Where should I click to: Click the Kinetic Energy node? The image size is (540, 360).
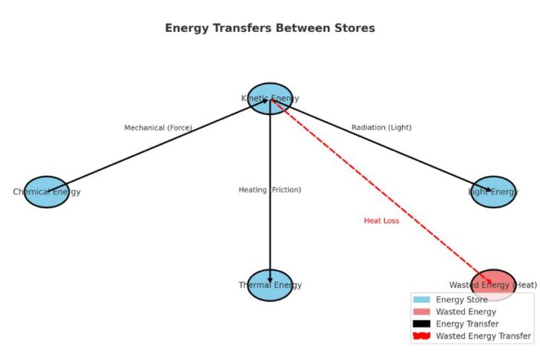270,98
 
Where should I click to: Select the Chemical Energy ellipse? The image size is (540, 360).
47,192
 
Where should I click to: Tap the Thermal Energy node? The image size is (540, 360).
270,285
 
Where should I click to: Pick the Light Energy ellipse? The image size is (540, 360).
493,192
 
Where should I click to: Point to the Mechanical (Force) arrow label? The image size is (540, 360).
158,128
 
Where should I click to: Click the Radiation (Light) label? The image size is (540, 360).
381,128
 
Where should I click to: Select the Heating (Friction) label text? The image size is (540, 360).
270,190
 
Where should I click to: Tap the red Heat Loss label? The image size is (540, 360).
381,220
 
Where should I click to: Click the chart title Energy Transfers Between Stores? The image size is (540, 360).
270,28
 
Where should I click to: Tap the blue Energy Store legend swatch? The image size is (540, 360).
421,300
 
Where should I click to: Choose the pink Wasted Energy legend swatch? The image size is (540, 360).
421,312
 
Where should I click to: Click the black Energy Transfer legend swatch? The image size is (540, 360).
421,324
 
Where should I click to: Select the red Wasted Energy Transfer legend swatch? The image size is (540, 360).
421,336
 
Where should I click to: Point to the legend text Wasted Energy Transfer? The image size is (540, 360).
483,336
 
